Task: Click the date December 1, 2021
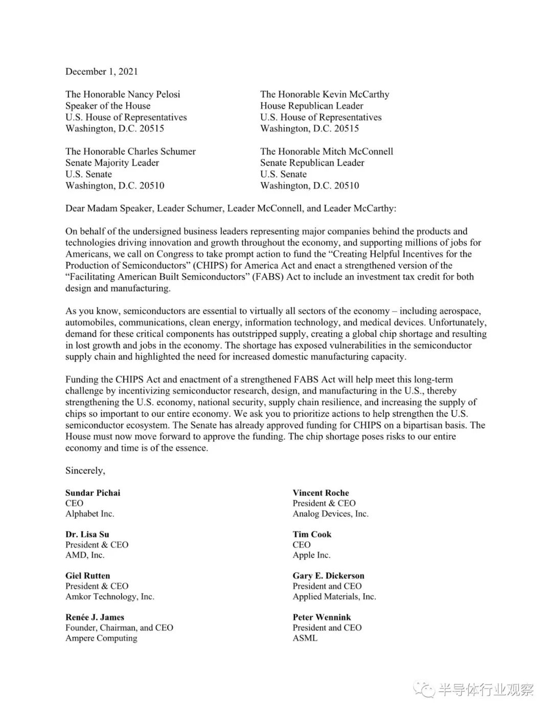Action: (x=101, y=72)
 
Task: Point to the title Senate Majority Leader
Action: (x=112, y=163)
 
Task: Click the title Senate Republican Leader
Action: (x=312, y=163)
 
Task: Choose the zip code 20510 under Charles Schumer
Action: (x=151, y=186)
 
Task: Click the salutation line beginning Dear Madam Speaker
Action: (x=231, y=209)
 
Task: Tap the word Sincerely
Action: (x=85, y=471)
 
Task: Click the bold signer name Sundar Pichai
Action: (x=93, y=493)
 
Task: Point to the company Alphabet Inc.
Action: (x=89, y=514)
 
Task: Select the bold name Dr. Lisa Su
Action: (x=87, y=535)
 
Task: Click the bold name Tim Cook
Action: (x=312, y=535)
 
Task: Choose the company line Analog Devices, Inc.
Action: (x=330, y=514)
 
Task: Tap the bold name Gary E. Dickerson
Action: (x=328, y=576)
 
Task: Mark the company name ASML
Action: (x=305, y=638)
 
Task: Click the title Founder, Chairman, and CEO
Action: (x=119, y=628)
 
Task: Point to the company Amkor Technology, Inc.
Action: (x=109, y=596)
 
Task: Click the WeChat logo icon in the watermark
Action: (x=424, y=689)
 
